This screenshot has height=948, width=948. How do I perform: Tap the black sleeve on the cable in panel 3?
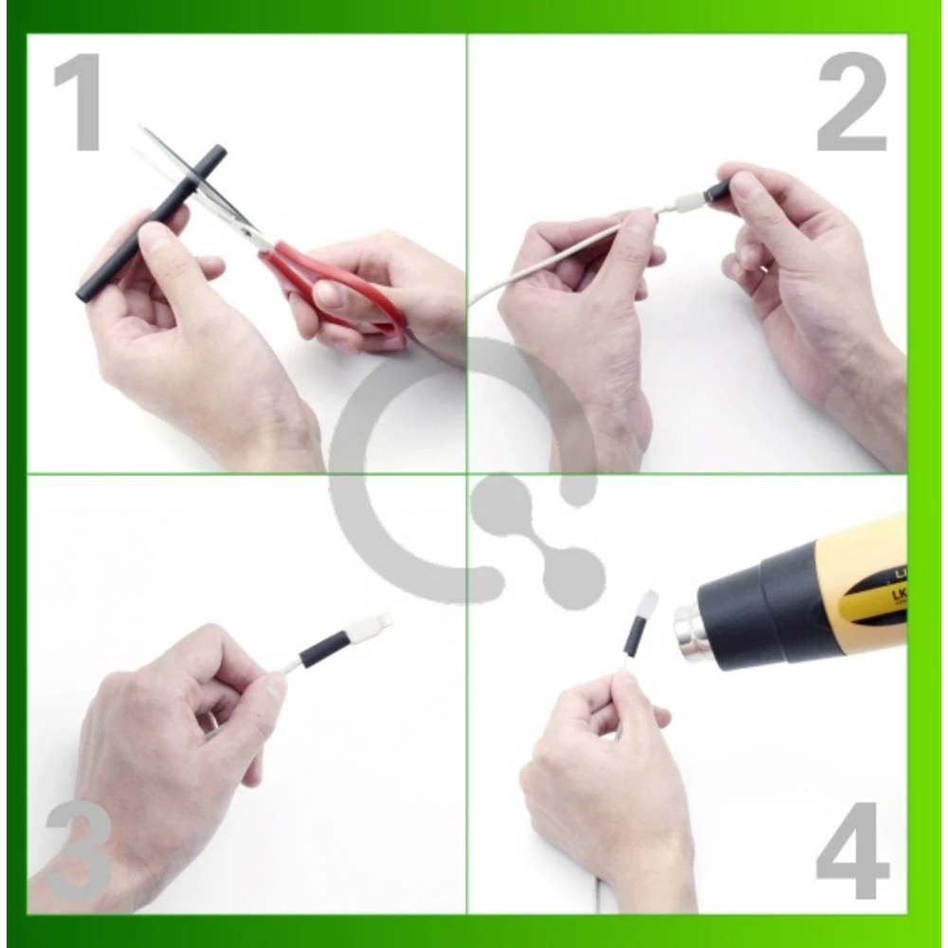click(x=324, y=649)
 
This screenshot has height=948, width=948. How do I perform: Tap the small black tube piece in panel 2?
click(x=718, y=191)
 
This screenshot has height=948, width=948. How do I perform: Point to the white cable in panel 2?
click(x=550, y=251)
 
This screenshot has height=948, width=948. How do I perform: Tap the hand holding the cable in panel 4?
click(x=607, y=768)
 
